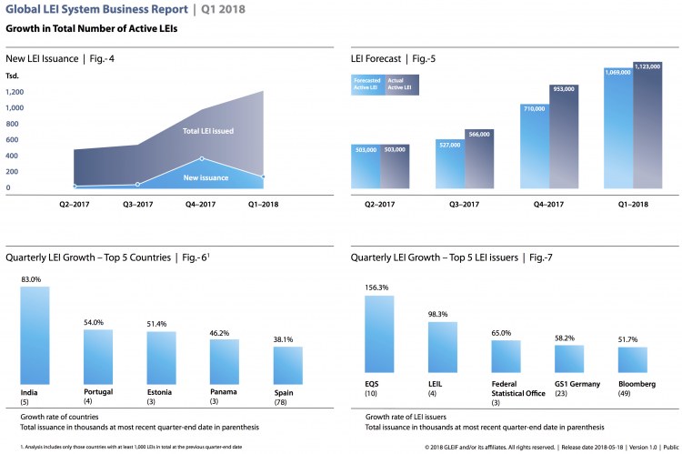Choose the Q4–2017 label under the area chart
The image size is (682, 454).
[201, 205]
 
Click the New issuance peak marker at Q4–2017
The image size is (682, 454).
[201, 158]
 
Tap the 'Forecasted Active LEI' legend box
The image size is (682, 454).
[367, 85]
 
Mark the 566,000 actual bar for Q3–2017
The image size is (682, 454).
[478, 160]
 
